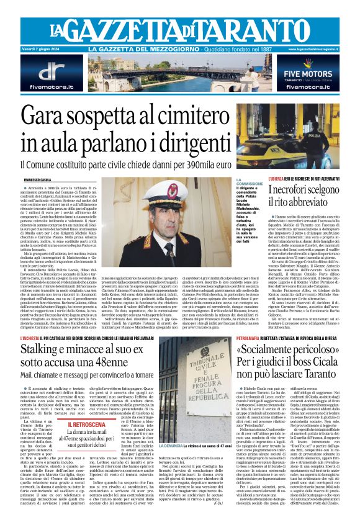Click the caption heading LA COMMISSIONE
coord(249,182)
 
